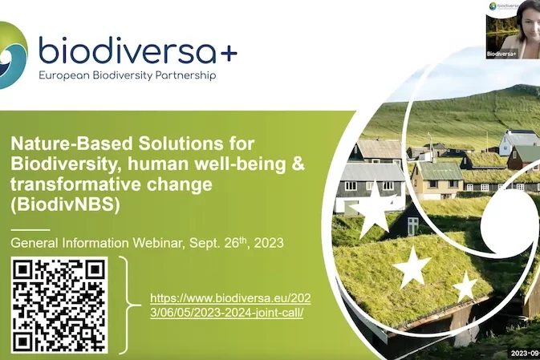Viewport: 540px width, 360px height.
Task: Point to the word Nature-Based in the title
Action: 64,144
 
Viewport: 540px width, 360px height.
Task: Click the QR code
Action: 59,305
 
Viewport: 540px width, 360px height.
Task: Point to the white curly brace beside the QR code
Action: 126,305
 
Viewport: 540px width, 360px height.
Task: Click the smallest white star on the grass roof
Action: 465,285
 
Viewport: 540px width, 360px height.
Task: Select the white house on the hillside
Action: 518,143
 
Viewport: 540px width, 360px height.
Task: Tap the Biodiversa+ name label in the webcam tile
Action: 501,54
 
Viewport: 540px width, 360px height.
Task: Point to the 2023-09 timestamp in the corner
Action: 523,353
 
